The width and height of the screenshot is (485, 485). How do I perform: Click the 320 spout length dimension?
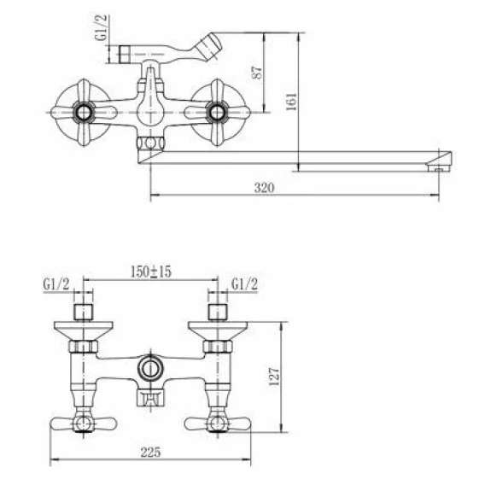[264, 188]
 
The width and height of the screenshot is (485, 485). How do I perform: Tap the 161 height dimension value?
[291, 102]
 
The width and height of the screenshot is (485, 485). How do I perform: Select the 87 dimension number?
[257, 73]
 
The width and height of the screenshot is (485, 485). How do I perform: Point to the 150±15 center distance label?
[150, 272]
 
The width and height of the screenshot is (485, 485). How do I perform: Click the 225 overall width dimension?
[150, 452]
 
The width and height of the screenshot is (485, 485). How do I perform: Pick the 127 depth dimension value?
[274, 377]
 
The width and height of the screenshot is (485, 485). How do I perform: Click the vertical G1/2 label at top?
[101, 27]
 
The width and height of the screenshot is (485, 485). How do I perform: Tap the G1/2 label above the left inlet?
[56, 284]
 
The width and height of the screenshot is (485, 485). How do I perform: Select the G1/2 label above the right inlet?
[244, 284]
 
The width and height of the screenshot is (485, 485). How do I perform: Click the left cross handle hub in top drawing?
[84, 112]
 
